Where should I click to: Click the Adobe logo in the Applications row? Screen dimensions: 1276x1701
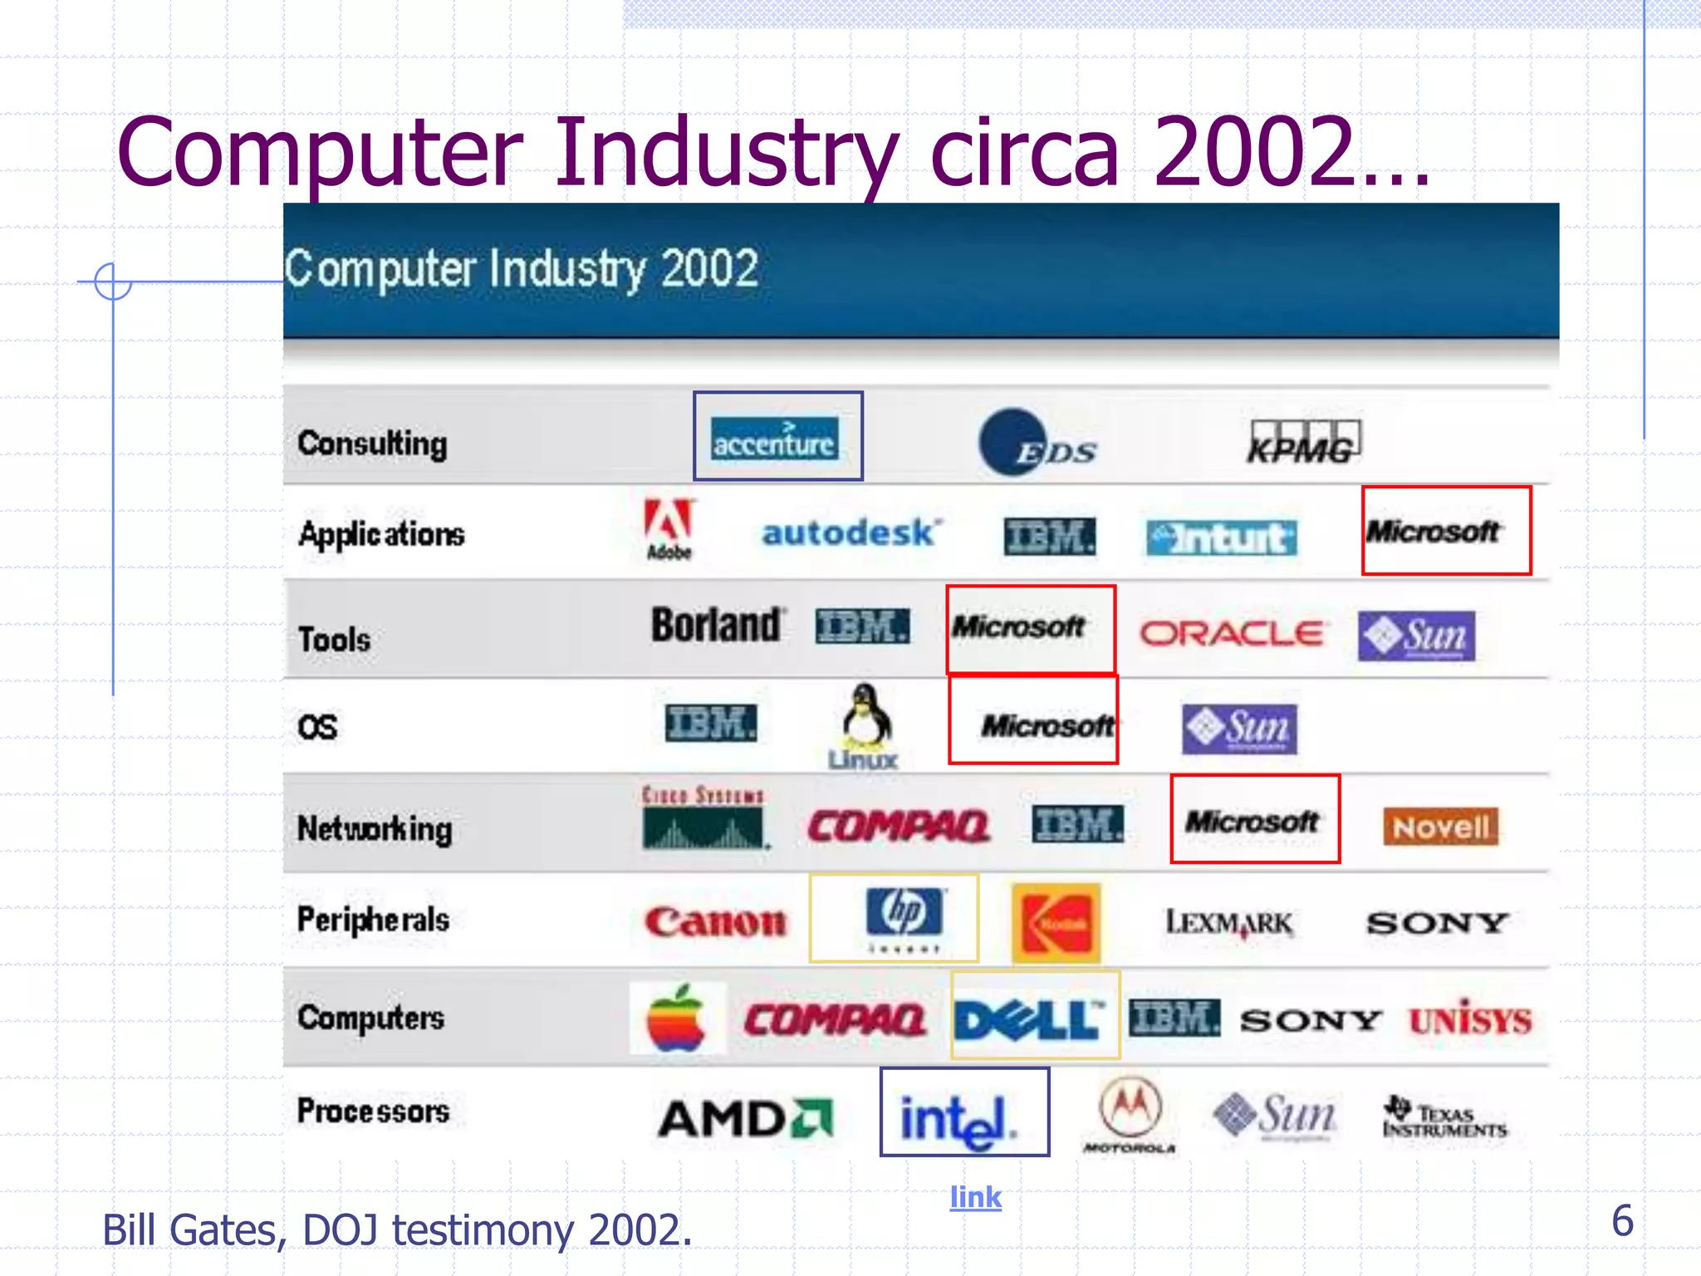point(669,530)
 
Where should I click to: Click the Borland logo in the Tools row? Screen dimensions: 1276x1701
point(716,626)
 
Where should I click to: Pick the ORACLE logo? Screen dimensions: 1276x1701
point(1231,634)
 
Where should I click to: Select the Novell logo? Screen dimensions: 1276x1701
point(1441,827)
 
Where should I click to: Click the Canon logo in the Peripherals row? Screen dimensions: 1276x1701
point(715,922)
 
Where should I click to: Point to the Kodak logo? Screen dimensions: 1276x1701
point(1056,923)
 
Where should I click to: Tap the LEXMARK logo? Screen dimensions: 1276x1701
point(1229,923)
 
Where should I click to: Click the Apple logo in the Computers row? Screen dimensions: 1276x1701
point(677,1018)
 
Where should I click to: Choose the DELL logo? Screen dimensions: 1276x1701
point(1030,1019)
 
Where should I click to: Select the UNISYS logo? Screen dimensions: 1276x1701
point(1470,1019)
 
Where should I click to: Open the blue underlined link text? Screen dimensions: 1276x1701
point(976,1197)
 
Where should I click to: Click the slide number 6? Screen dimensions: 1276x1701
point(1622,1220)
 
